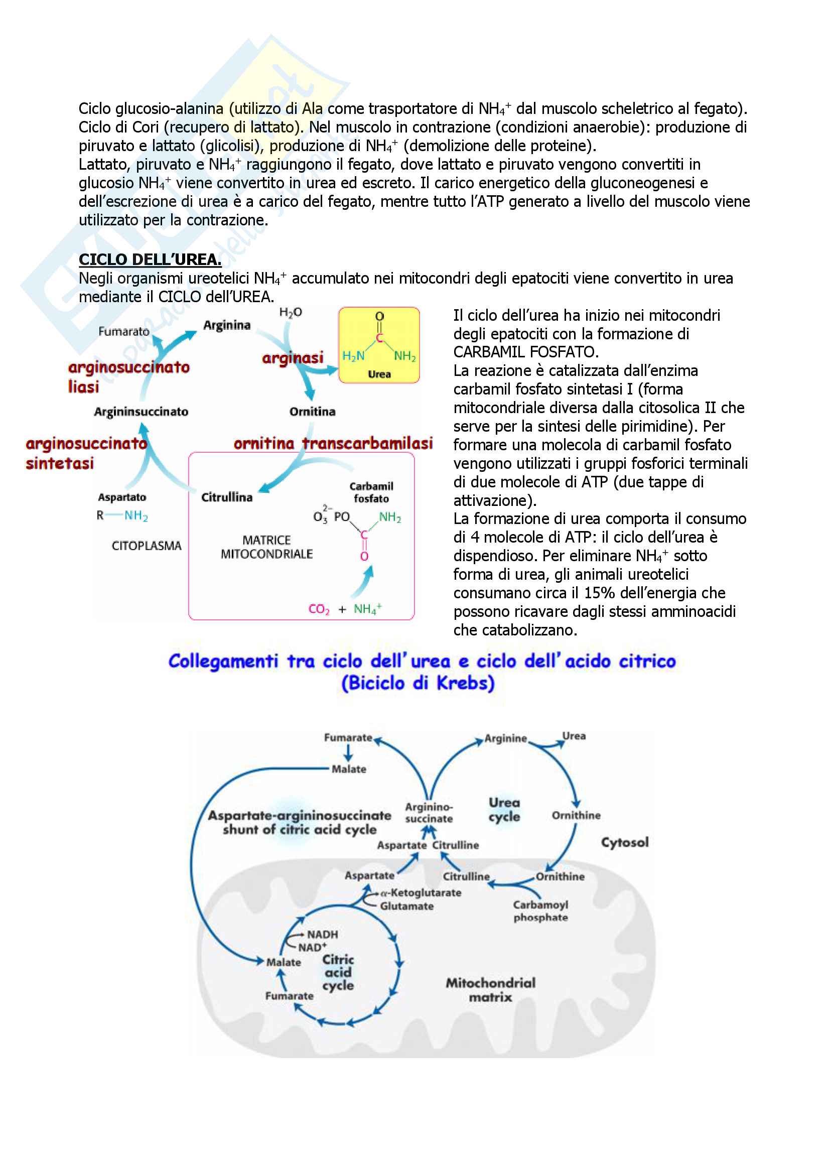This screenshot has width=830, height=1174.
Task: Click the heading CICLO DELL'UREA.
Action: click(x=150, y=260)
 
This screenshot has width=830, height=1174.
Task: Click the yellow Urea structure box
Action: click(x=379, y=345)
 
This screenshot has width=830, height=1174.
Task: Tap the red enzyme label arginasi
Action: click(x=293, y=358)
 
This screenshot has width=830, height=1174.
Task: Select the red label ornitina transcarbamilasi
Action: click(x=333, y=443)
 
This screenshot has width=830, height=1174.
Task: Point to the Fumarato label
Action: click(x=123, y=331)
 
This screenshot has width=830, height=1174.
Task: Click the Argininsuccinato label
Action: click(x=141, y=412)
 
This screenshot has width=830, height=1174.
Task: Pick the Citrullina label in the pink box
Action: click(x=226, y=497)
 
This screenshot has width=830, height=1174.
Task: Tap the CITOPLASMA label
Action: click(x=146, y=546)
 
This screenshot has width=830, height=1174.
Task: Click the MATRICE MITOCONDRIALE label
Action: click(x=266, y=547)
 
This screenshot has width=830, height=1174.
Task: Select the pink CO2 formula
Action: click(x=319, y=609)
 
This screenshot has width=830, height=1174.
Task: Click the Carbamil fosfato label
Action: click(x=371, y=492)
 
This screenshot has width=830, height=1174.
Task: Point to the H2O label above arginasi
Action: click(x=290, y=312)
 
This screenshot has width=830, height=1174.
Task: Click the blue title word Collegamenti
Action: click(x=223, y=661)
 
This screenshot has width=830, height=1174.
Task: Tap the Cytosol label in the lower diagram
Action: click(x=625, y=842)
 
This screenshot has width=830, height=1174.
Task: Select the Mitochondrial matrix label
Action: click(x=490, y=989)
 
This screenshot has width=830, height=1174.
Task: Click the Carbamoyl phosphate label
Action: click(x=541, y=910)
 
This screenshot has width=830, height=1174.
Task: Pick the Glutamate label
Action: click(x=407, y=906)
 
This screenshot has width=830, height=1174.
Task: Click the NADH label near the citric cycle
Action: click(x=323, y=934)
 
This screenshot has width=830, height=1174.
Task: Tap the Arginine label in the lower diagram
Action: click(x=505, y=738)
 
